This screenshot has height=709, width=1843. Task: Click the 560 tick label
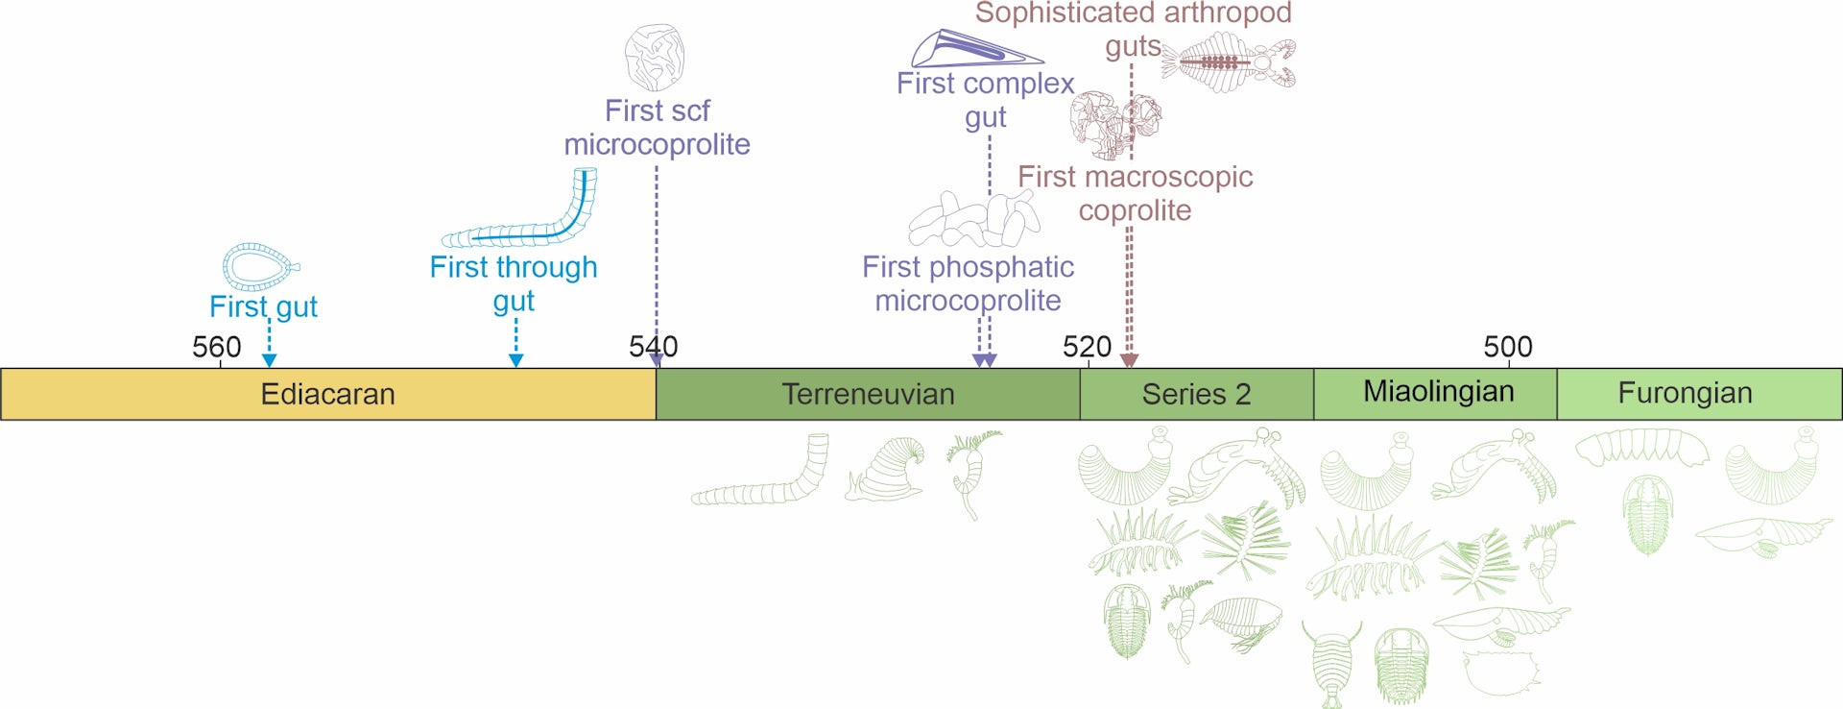pos(217,347)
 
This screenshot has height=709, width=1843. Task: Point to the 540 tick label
pos(654,347)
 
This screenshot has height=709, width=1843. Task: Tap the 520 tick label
pos(1087,347)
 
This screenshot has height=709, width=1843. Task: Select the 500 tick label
pos(1508,347)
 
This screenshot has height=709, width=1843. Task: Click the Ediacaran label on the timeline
pos(328,394)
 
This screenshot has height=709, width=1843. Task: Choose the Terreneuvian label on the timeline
pos(868,394)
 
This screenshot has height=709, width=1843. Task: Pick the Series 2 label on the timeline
pos(1196,394)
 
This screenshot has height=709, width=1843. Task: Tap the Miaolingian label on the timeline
pos(1439,392)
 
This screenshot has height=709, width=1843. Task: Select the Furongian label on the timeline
pos(1685,393)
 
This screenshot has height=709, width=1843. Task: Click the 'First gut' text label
pos(263,306)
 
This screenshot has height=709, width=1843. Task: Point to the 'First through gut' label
pos(514,283)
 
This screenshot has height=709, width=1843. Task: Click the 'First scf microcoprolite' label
pos(658,128)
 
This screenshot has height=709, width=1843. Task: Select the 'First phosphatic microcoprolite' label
pos(968,283)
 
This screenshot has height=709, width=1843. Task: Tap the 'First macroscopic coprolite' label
pos(1136,193)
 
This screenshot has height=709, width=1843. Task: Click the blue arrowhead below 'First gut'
pos(270,360)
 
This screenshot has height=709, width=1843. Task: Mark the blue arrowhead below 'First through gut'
pos(516,360)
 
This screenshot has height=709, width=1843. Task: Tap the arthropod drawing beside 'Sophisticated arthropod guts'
pos(1229,62)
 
